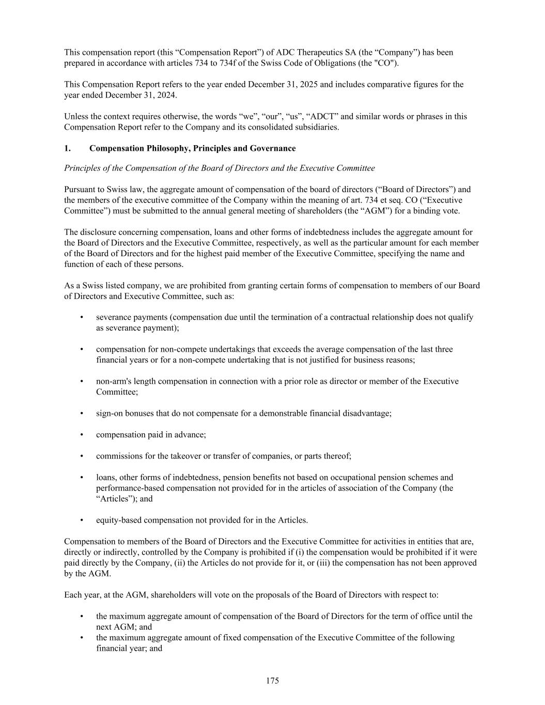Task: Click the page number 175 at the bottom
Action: click(x=272, y=681)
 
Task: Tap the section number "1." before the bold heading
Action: click(x=67, y=149)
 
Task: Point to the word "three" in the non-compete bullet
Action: click(x=443, y=350)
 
